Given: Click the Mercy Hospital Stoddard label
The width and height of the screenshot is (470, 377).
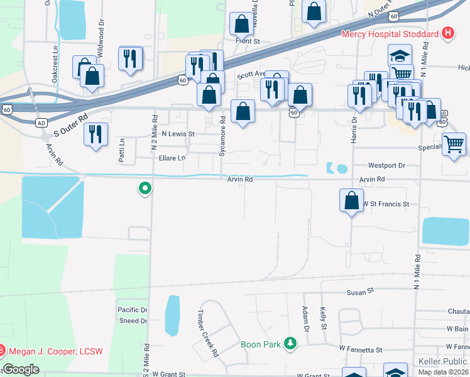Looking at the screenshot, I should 390,34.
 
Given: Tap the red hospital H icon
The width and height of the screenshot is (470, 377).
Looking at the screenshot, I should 447,33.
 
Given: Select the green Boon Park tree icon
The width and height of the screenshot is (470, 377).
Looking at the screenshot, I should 290,343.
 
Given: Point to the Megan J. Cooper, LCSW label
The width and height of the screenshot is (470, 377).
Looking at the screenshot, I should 55,351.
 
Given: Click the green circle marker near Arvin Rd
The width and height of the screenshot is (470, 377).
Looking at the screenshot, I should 145,187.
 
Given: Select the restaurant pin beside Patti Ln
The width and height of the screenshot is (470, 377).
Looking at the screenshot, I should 96,134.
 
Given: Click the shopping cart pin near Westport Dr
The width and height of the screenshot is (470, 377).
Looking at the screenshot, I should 454,145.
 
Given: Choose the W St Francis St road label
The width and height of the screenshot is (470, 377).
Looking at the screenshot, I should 385,204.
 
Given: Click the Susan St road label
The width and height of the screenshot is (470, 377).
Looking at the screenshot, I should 361,292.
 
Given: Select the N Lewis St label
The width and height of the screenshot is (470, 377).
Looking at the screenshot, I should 178,134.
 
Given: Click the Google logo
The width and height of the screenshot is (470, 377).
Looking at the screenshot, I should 21,369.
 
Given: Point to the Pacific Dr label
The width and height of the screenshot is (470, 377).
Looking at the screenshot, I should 132,310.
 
